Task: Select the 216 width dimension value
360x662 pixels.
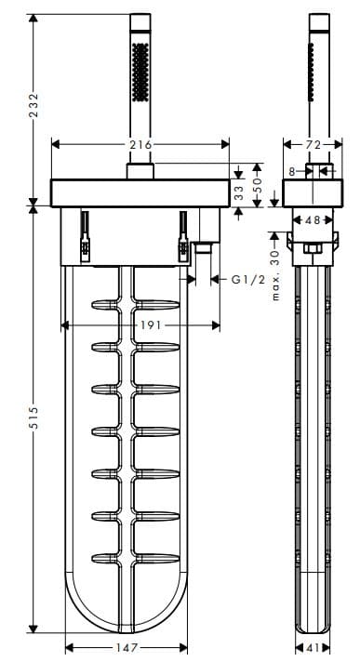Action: point(140,144)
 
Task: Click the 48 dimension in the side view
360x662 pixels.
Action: point(312,219)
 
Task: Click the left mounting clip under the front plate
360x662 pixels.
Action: point(85,234)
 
